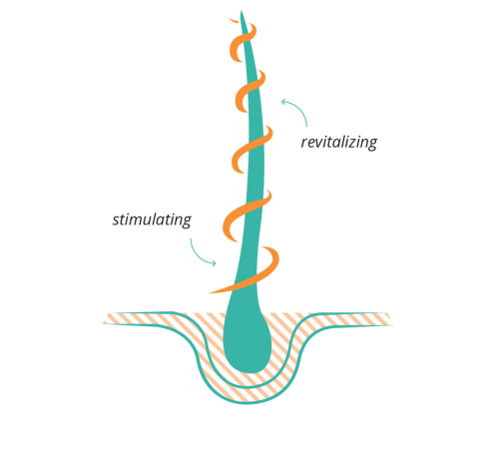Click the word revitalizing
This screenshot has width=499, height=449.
click(x=339, y=143)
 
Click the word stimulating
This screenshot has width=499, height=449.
click(x=152, y=220)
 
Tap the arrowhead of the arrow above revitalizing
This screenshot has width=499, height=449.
click(x=283, y=102)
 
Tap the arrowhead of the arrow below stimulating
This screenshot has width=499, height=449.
click(x=214, y=263)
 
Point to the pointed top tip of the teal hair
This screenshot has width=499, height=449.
click(x=242, y=11)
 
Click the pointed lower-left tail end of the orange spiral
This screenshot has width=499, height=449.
click(x=211, y=292)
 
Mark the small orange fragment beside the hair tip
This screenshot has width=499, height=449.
click(x=234, y=21)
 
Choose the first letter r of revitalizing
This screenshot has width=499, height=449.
click(x=304, y=144)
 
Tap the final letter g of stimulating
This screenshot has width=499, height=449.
click(x=187, y=222)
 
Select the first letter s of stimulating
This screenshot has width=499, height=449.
click(x=116, y=222)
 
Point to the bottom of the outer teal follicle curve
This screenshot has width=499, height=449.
click(x=247, y=403)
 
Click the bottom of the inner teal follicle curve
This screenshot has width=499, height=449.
click(x=248, y=387)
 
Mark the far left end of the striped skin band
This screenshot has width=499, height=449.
click(x=104, y=322)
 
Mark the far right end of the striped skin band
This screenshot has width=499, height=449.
click(x=392, y=320)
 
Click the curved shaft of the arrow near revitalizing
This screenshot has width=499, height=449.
click(x=300, y=109)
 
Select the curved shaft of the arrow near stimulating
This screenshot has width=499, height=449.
click(x=198, y=255)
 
